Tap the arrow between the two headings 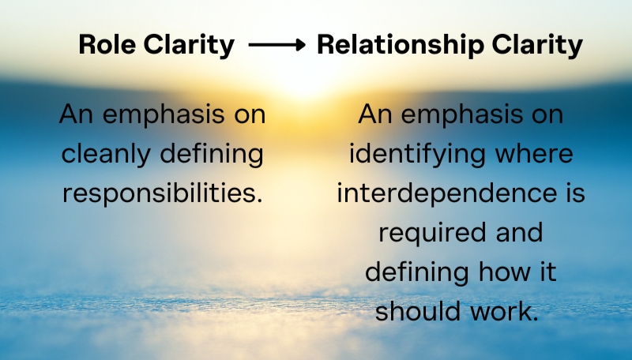click(276, 46)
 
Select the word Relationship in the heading click(399, 45)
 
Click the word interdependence click(444, 193)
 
